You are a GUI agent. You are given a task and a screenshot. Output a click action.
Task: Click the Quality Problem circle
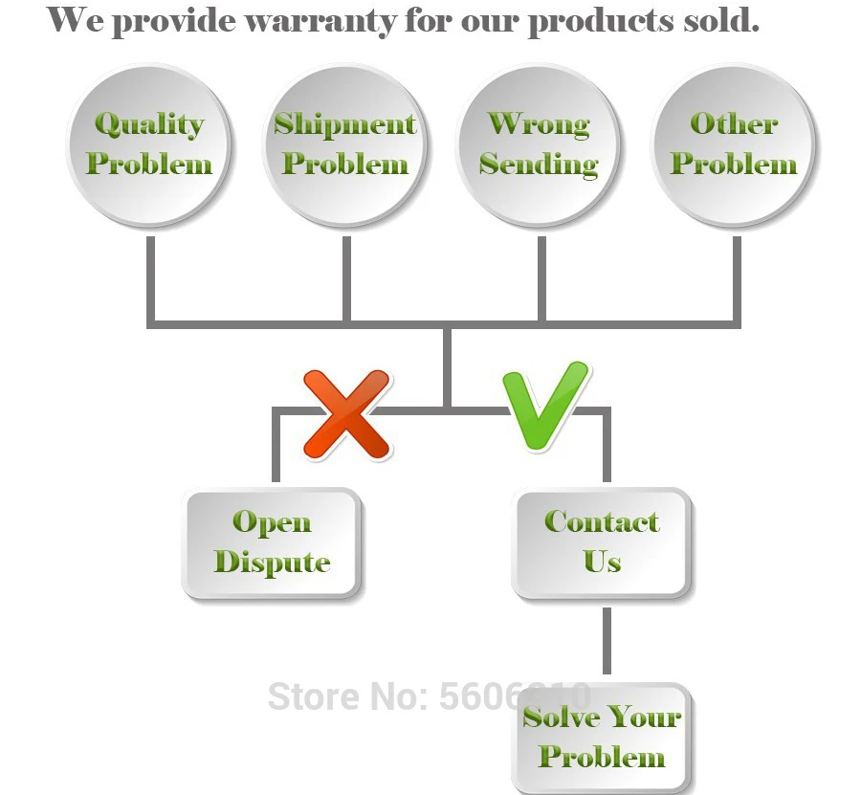[149, 145]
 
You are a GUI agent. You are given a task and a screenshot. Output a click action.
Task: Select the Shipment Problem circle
[344, 145]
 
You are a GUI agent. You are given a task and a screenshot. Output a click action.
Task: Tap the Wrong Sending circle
[539, 145]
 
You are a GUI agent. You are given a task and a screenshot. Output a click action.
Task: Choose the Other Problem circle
[734, 145]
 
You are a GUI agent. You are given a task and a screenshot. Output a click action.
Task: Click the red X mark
[346, 413]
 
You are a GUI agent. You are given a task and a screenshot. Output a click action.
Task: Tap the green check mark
[542, 406]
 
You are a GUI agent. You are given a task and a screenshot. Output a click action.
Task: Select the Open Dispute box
[272, 542]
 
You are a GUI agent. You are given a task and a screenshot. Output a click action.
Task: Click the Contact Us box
[602, 542]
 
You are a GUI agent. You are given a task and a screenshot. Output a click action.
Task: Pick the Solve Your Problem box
[602, 738]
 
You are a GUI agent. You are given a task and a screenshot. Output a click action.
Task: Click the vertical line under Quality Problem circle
[150, 277]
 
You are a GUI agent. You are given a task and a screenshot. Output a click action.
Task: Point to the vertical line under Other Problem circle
[737, 277]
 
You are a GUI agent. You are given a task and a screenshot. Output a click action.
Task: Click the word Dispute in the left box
[272, 563]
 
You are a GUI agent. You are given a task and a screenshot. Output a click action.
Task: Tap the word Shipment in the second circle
[344, 124]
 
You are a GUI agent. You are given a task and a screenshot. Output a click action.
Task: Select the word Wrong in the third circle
[539, 124]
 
